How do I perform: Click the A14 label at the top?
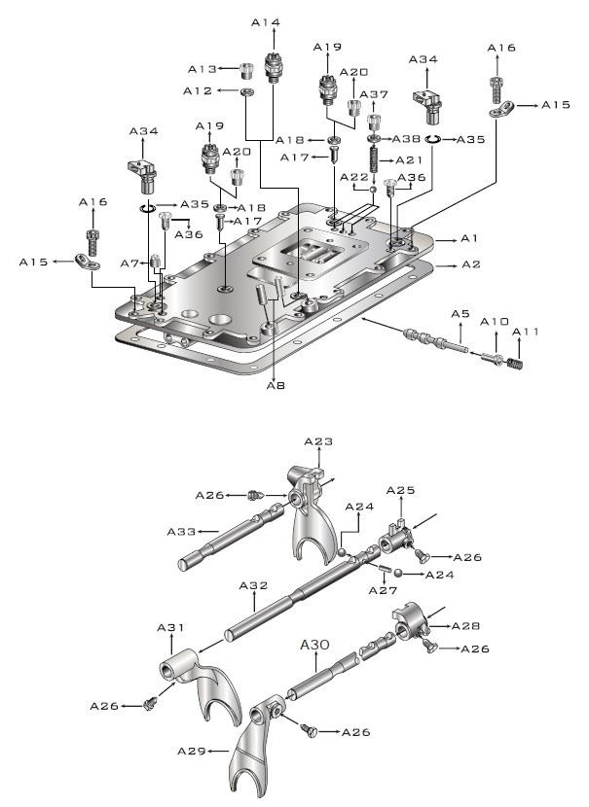tap(266, 22)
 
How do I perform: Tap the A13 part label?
tap(202, 69)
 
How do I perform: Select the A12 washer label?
tap(198, 90)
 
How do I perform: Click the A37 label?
tap(374, 94)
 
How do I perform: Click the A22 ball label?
tap(354, 177)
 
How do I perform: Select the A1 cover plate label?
tap(469, 238)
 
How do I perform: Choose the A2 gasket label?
tap(470, 264)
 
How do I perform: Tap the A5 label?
tap(460, 313)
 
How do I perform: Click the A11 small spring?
tap(514, 363)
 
